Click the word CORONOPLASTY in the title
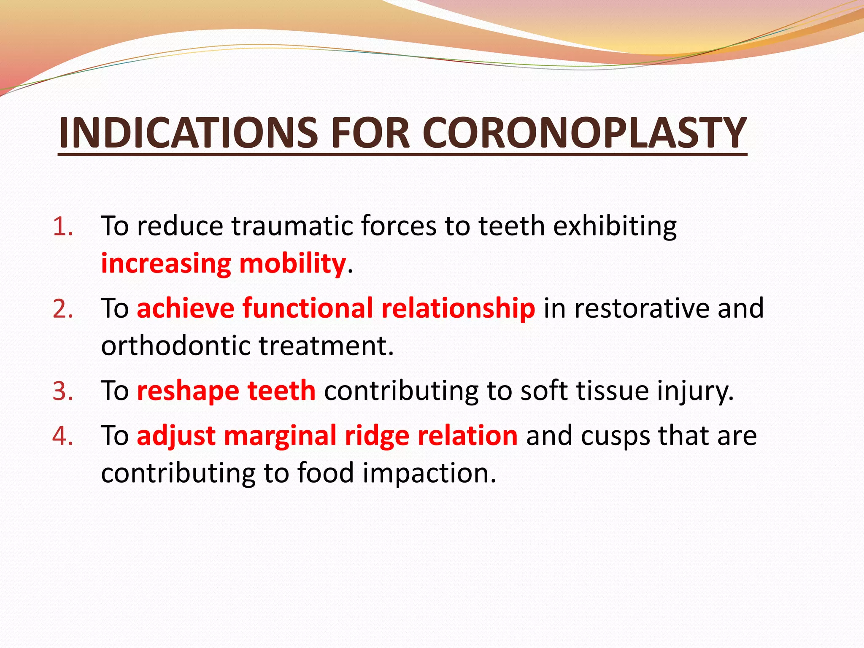pyautogui.click(x=584, y=133)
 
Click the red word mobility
pyautogui.click(x=292, y=264)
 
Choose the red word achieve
pyautogui.click(x=185, y=308)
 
